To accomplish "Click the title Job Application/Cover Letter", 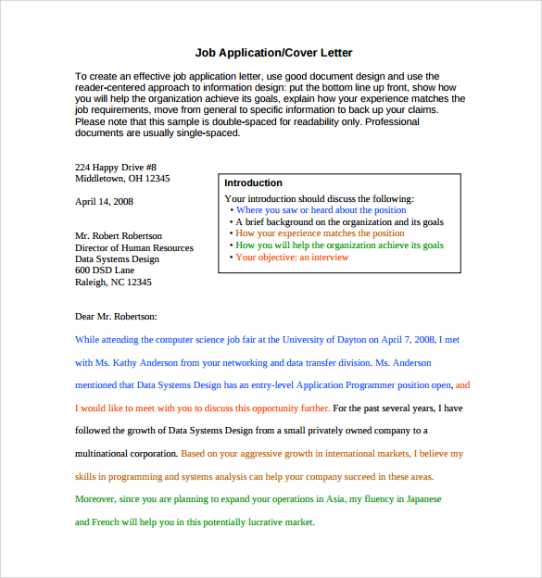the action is point(273,53).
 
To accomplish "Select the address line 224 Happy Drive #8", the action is point(116,167).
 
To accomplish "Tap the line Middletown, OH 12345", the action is point(122,179).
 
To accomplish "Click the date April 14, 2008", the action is point(104,201).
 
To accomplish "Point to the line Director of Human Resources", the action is point(134,247).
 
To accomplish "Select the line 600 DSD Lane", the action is point(105,270).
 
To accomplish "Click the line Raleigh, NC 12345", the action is point(113,283).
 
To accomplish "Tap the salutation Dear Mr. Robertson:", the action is point(116,317).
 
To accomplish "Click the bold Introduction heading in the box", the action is point(253,183).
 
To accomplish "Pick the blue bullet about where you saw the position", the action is point(321,210).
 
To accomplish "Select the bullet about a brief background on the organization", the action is point(339,222).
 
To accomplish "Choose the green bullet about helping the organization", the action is point(339,245).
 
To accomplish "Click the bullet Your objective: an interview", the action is point(292,258).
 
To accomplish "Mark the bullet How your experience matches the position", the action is point(320,233).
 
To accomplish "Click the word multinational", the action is point(103,454).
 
